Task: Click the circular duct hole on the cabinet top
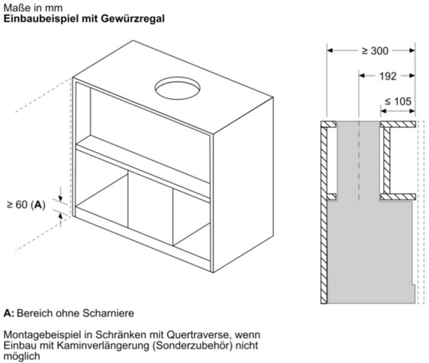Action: pos(177,88)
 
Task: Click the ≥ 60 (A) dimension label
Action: pos(26,205)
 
